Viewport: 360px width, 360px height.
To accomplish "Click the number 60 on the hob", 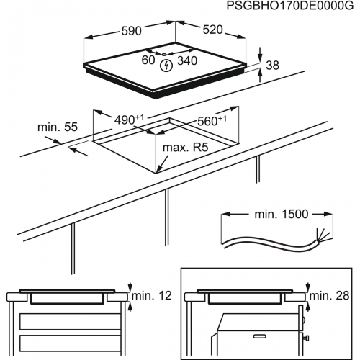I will point(148,62).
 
